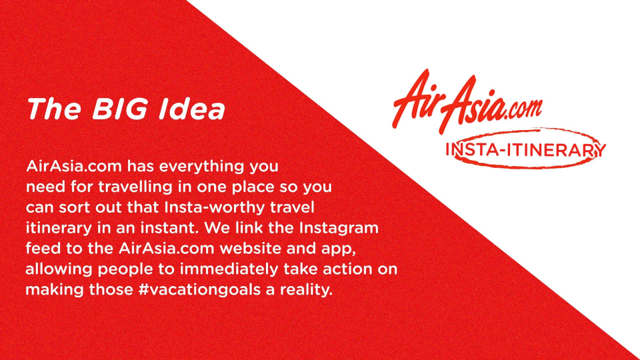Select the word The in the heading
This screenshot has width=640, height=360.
[x=54, y=109]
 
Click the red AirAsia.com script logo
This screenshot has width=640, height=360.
[x=467, y=101]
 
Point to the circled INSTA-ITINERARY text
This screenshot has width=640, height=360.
[x=525, y=149]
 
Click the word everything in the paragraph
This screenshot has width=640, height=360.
[x=201, y=167]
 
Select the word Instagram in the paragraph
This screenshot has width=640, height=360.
[x=339, y=228]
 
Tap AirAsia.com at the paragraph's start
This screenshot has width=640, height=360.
[x=74, y=167]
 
